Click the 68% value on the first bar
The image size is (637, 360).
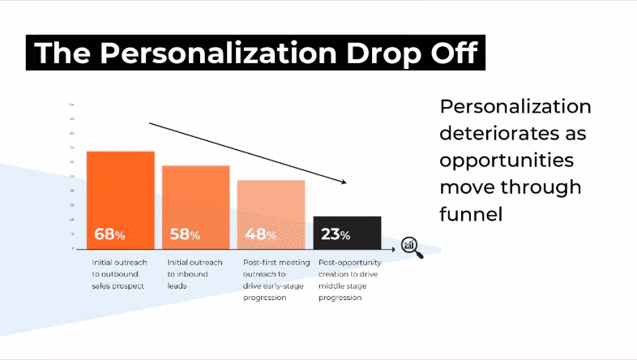point(109,235)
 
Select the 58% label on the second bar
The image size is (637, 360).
point(185,235)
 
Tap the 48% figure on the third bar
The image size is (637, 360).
point(260,235)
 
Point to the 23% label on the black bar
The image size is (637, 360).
point(336,235)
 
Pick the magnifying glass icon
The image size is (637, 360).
point(413,246)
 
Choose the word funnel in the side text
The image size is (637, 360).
point(471,213)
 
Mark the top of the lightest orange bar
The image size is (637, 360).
point(271,181)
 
